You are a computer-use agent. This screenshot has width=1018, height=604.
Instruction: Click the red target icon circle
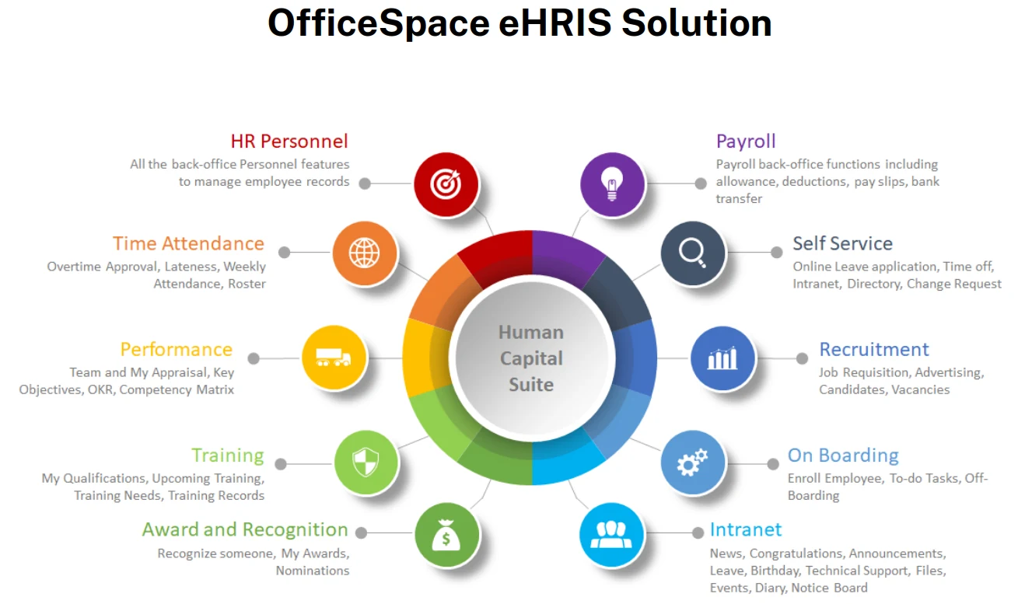click(x=446, y=184)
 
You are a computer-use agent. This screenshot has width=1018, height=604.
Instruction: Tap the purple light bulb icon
click(x=612, y=184)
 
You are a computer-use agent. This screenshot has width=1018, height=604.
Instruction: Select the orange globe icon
click(x=364, y=253)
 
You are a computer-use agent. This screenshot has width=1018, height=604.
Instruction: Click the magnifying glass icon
click(x=693, y=253)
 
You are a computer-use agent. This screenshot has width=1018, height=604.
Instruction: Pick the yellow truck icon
click(x=333, y=358)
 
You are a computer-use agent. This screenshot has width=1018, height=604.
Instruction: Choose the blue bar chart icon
click(x=722, y=358)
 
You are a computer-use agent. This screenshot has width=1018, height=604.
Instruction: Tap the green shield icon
click(x=366, y=462)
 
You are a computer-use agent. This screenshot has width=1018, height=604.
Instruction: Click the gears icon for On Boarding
click(x=692, y=462)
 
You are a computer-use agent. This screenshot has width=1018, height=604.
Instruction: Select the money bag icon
click(x=446, y=535)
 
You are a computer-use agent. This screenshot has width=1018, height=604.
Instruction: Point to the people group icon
click(x=611, y=535)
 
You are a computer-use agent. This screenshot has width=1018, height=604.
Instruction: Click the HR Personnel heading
click(x=289, y=141)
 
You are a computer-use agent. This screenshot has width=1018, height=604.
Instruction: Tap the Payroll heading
click(x=746, y=141)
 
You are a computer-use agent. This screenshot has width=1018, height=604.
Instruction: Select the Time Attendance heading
click(x=188, y=243)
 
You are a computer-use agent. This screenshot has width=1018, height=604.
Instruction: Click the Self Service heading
click(x=842, y=243)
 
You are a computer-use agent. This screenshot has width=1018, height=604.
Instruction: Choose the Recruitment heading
click(x=874, y=349)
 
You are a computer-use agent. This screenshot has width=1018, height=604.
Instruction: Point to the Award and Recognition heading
click(x=245, y=529)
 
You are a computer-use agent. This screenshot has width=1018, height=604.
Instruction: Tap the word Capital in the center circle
click(x=531, y=358)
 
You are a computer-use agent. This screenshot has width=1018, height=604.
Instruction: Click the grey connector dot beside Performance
click(x=254, y=358)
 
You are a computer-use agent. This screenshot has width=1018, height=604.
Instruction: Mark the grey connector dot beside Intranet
click(x=698, y=532)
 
